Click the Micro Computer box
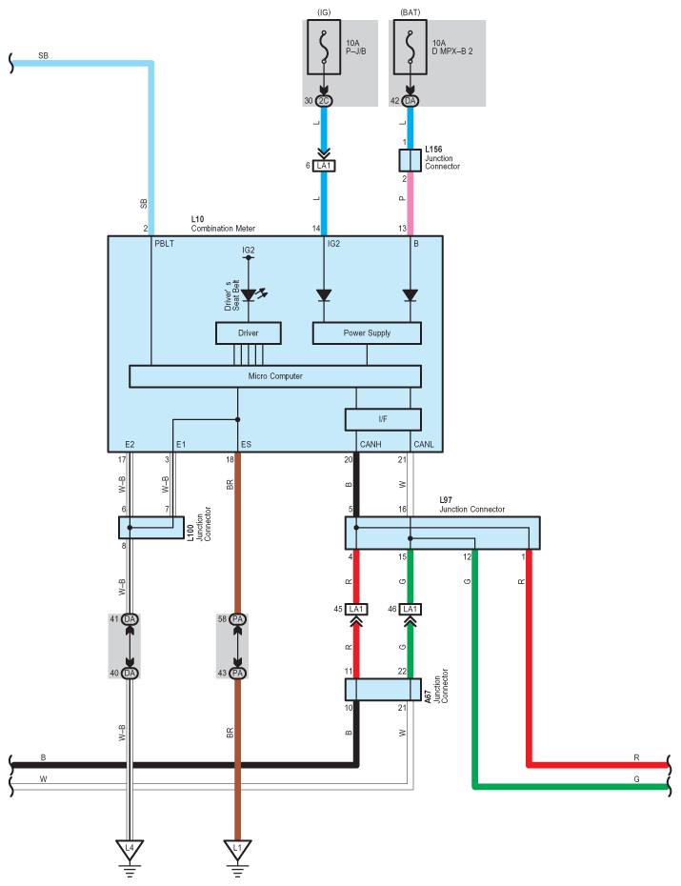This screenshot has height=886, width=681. coord(275,376)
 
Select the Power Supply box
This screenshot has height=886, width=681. coord(367,332)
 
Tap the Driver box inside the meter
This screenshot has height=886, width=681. coord(249,332)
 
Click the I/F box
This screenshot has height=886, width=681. coord(382,418)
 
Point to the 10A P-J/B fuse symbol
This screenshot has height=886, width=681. coord(326,48)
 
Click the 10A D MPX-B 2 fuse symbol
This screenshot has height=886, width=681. coord(410,48)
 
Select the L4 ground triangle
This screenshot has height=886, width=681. coord(130,847)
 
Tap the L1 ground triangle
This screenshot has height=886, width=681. coord(237,847)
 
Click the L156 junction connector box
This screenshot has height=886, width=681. coord(410,159)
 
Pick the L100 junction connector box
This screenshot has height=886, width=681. coord(151,527)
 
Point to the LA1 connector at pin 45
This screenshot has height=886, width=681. coord(357,609)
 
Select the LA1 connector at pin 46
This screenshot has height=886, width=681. coord(411,609)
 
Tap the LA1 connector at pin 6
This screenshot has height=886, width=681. coord(326,166)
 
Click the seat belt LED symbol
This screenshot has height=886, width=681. coord(250,294)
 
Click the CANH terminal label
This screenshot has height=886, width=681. coord(370,444)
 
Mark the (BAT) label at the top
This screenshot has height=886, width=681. coord(410,12)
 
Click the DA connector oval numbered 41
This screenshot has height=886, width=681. coord(130,619)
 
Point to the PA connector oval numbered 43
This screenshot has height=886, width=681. coord(238,673)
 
